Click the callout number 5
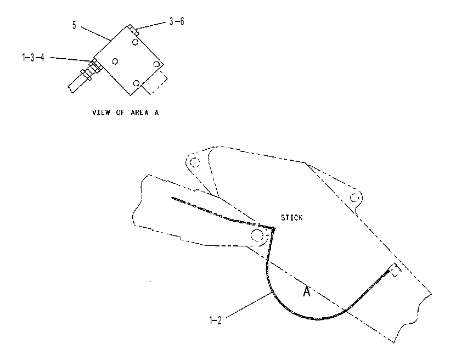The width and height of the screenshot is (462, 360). (74, 25)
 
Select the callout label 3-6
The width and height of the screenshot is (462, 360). (177, 21)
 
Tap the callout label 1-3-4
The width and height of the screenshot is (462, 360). (33, 57)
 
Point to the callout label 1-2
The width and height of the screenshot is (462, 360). (216, 320)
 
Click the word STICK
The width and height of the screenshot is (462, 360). (292, 218)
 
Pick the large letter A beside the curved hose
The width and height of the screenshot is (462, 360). (307, 291)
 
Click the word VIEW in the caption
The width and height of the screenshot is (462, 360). (102, 113)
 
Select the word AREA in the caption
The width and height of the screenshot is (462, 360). (140, 113)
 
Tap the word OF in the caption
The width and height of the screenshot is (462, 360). (120, 113)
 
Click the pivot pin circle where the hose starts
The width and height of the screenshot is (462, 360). (257, 235)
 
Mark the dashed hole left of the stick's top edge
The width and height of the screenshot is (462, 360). (195, 162)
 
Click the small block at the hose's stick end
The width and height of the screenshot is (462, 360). (395, 270)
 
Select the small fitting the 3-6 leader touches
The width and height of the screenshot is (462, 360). (133, 30)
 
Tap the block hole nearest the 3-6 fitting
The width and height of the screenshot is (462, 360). (135, 42)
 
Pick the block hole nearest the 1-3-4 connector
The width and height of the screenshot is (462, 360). (115, 61)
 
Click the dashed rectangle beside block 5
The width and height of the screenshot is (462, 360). (155, 82)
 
